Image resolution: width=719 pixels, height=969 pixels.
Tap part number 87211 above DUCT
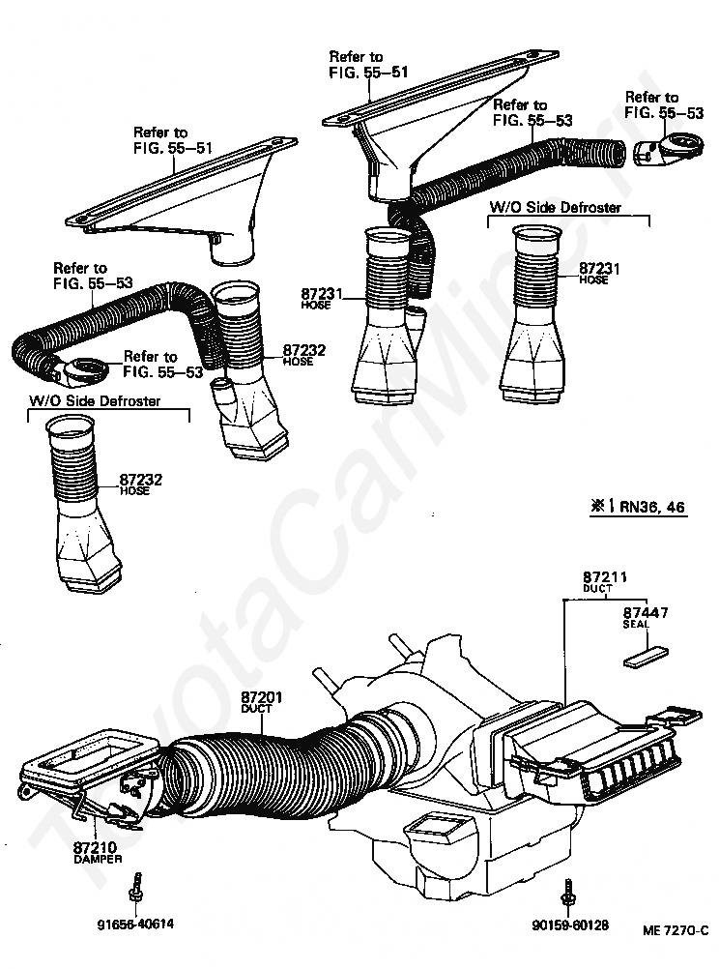click(x=604, y=577)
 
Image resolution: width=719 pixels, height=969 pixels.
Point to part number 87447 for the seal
click(x=642, y=613)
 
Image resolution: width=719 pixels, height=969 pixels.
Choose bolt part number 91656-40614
click(x=135, y=924)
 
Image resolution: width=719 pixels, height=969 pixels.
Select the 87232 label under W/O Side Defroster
click(x=140, y=479)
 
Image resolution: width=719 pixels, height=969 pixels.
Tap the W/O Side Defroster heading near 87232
click(x=95, y=400)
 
